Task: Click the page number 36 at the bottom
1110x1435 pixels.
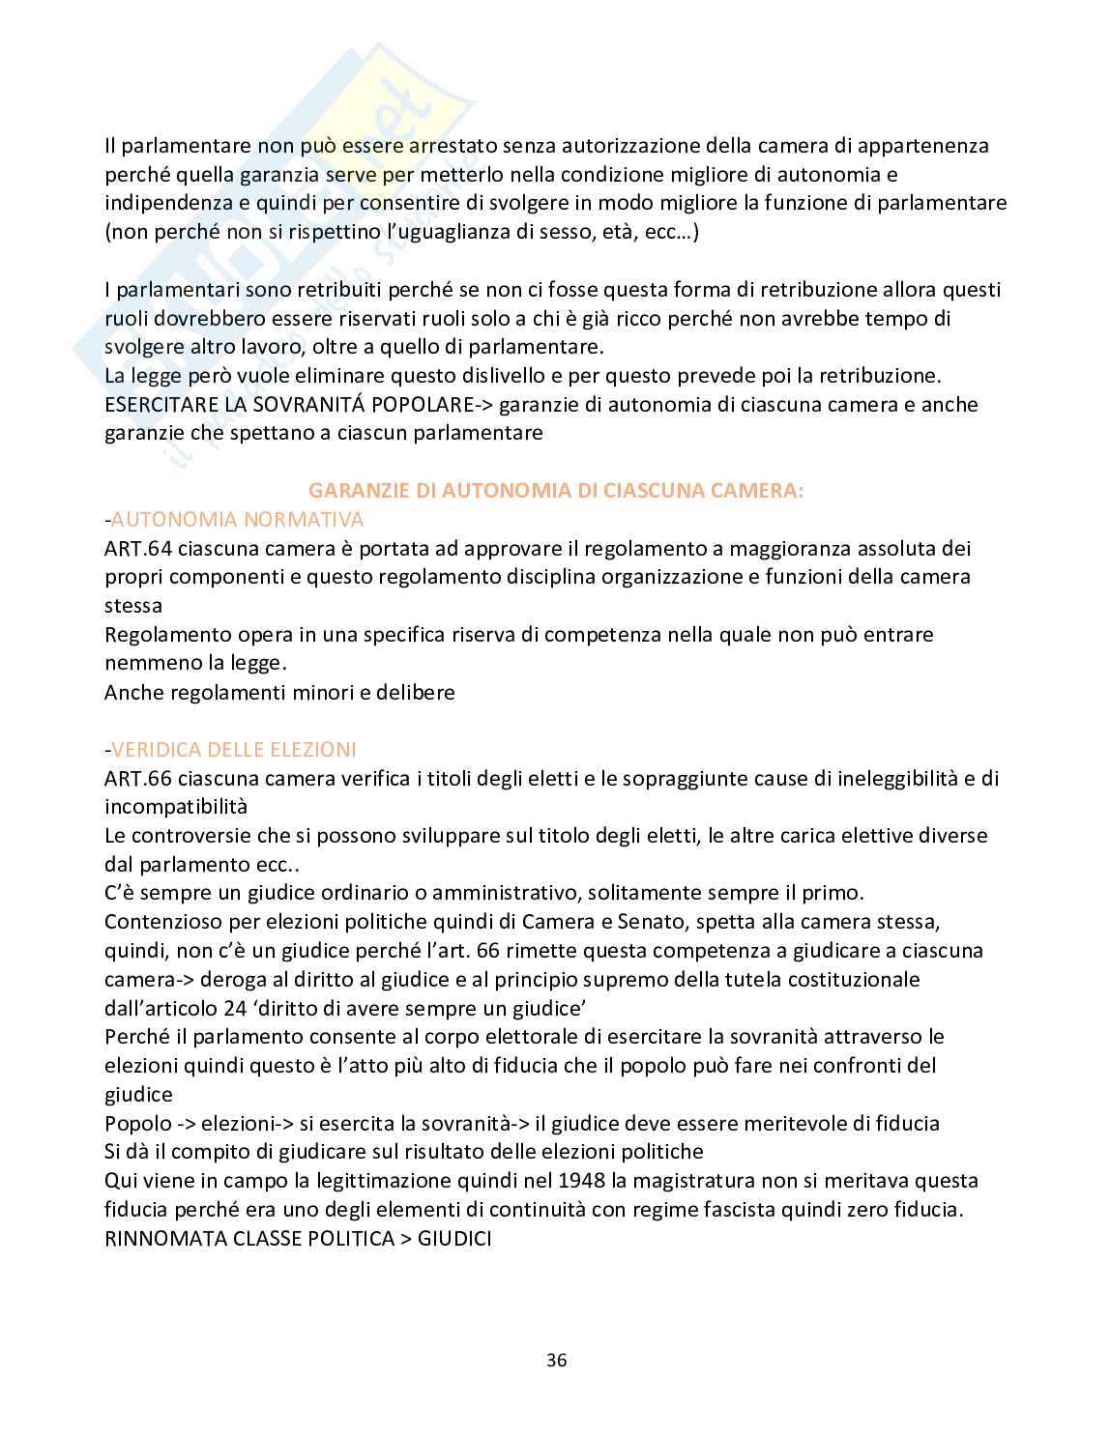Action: (556, 1361)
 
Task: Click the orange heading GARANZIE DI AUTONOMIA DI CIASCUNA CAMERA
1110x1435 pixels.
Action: (555, 490)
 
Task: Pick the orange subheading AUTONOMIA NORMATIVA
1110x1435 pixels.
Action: (238, 519)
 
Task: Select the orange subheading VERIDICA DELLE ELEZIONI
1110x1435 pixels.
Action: (233, 749)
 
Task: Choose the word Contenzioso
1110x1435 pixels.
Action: (164, 921)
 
